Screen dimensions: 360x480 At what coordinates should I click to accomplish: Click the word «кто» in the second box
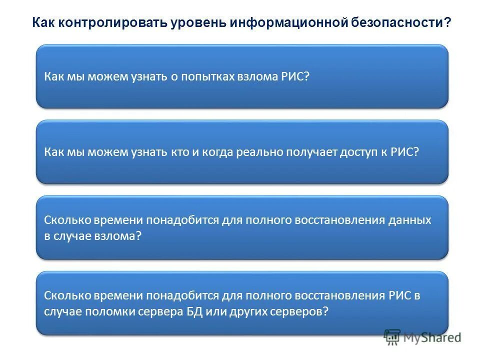[x=179, y=152]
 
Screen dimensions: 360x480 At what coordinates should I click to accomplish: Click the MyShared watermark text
[x=432, y=337]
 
